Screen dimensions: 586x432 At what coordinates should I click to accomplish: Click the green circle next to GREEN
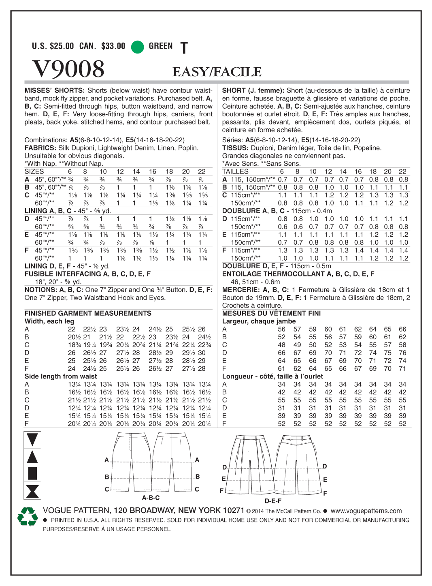138,47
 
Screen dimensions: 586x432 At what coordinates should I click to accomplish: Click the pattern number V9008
68,68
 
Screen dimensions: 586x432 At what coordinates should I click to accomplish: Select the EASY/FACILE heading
217,72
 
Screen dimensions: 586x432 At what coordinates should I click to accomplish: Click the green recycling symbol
27,517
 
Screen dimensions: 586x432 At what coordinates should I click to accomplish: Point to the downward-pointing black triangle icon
32,440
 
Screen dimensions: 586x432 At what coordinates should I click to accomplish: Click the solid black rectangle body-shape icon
32,473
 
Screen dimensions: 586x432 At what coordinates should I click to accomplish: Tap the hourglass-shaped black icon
32,491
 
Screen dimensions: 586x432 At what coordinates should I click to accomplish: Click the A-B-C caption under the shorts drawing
151,498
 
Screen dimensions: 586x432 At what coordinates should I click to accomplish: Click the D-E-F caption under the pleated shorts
273,501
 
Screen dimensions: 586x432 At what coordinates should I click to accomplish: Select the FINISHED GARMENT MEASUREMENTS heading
88,313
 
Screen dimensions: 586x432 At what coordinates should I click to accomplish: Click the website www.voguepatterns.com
366,511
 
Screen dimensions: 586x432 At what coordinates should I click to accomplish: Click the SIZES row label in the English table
34,171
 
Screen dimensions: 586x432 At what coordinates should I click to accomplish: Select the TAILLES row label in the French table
235,171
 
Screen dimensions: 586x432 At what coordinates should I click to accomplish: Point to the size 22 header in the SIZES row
202,171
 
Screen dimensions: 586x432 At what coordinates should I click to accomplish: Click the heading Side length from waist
60,376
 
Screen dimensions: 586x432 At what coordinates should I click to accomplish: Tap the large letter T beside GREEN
184,48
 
